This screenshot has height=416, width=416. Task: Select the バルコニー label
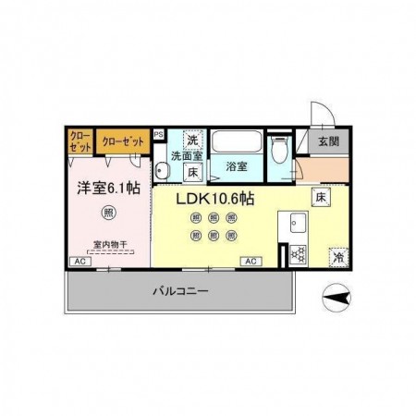click(179, 290)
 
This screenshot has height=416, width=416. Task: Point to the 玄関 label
click(328, 141)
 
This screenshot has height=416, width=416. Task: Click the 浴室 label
click(236, 167)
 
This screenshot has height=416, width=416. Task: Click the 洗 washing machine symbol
click(192, 140)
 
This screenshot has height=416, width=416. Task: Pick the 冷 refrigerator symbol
click(339, 256)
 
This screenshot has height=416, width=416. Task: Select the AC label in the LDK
click(249, 263)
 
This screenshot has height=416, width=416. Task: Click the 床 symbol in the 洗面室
click(192, 171)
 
